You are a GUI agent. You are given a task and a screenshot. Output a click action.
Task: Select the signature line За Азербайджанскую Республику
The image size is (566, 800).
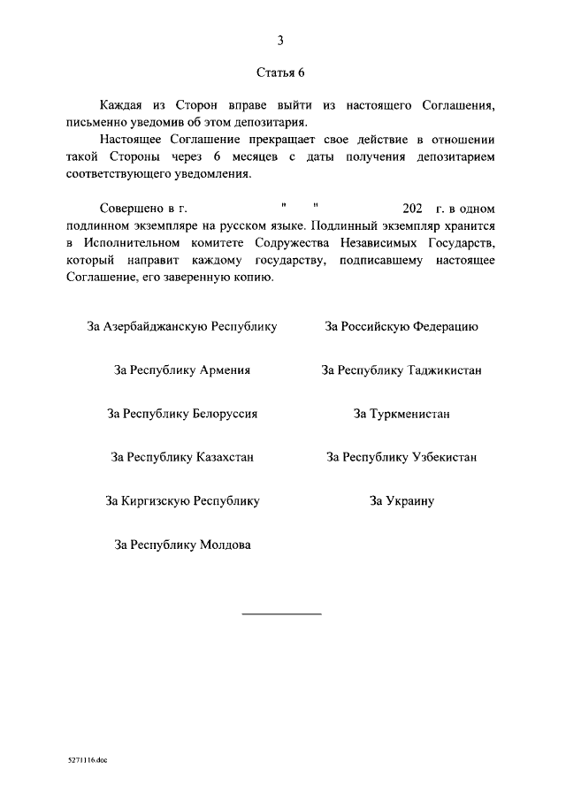(182, 326)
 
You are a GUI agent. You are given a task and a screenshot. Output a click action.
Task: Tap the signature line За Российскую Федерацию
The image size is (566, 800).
(402, 326)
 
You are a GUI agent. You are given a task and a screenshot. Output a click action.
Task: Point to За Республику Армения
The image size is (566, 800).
(182, 370)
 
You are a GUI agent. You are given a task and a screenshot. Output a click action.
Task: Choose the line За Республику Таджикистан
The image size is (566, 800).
(402, 370)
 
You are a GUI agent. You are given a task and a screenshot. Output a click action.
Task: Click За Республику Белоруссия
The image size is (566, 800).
(182, 414)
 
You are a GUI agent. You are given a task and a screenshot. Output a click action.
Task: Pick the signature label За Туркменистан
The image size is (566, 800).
(402, 414)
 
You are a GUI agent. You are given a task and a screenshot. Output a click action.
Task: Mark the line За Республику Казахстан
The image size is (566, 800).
(182, 457)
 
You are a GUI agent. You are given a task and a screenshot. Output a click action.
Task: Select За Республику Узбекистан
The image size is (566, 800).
(402, 457)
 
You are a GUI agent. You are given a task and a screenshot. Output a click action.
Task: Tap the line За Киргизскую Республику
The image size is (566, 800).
(182, 501)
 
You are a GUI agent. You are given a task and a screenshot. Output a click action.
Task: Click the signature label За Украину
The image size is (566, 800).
(402, 501)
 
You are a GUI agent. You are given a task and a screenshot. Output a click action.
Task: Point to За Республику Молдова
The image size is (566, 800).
(182, 545)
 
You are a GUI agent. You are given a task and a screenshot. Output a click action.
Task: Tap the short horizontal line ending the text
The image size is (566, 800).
(281, 613)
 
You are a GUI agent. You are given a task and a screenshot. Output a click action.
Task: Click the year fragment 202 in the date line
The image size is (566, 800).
(413, 209)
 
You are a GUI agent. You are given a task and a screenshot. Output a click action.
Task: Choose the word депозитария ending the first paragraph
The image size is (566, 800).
(272, 122)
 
